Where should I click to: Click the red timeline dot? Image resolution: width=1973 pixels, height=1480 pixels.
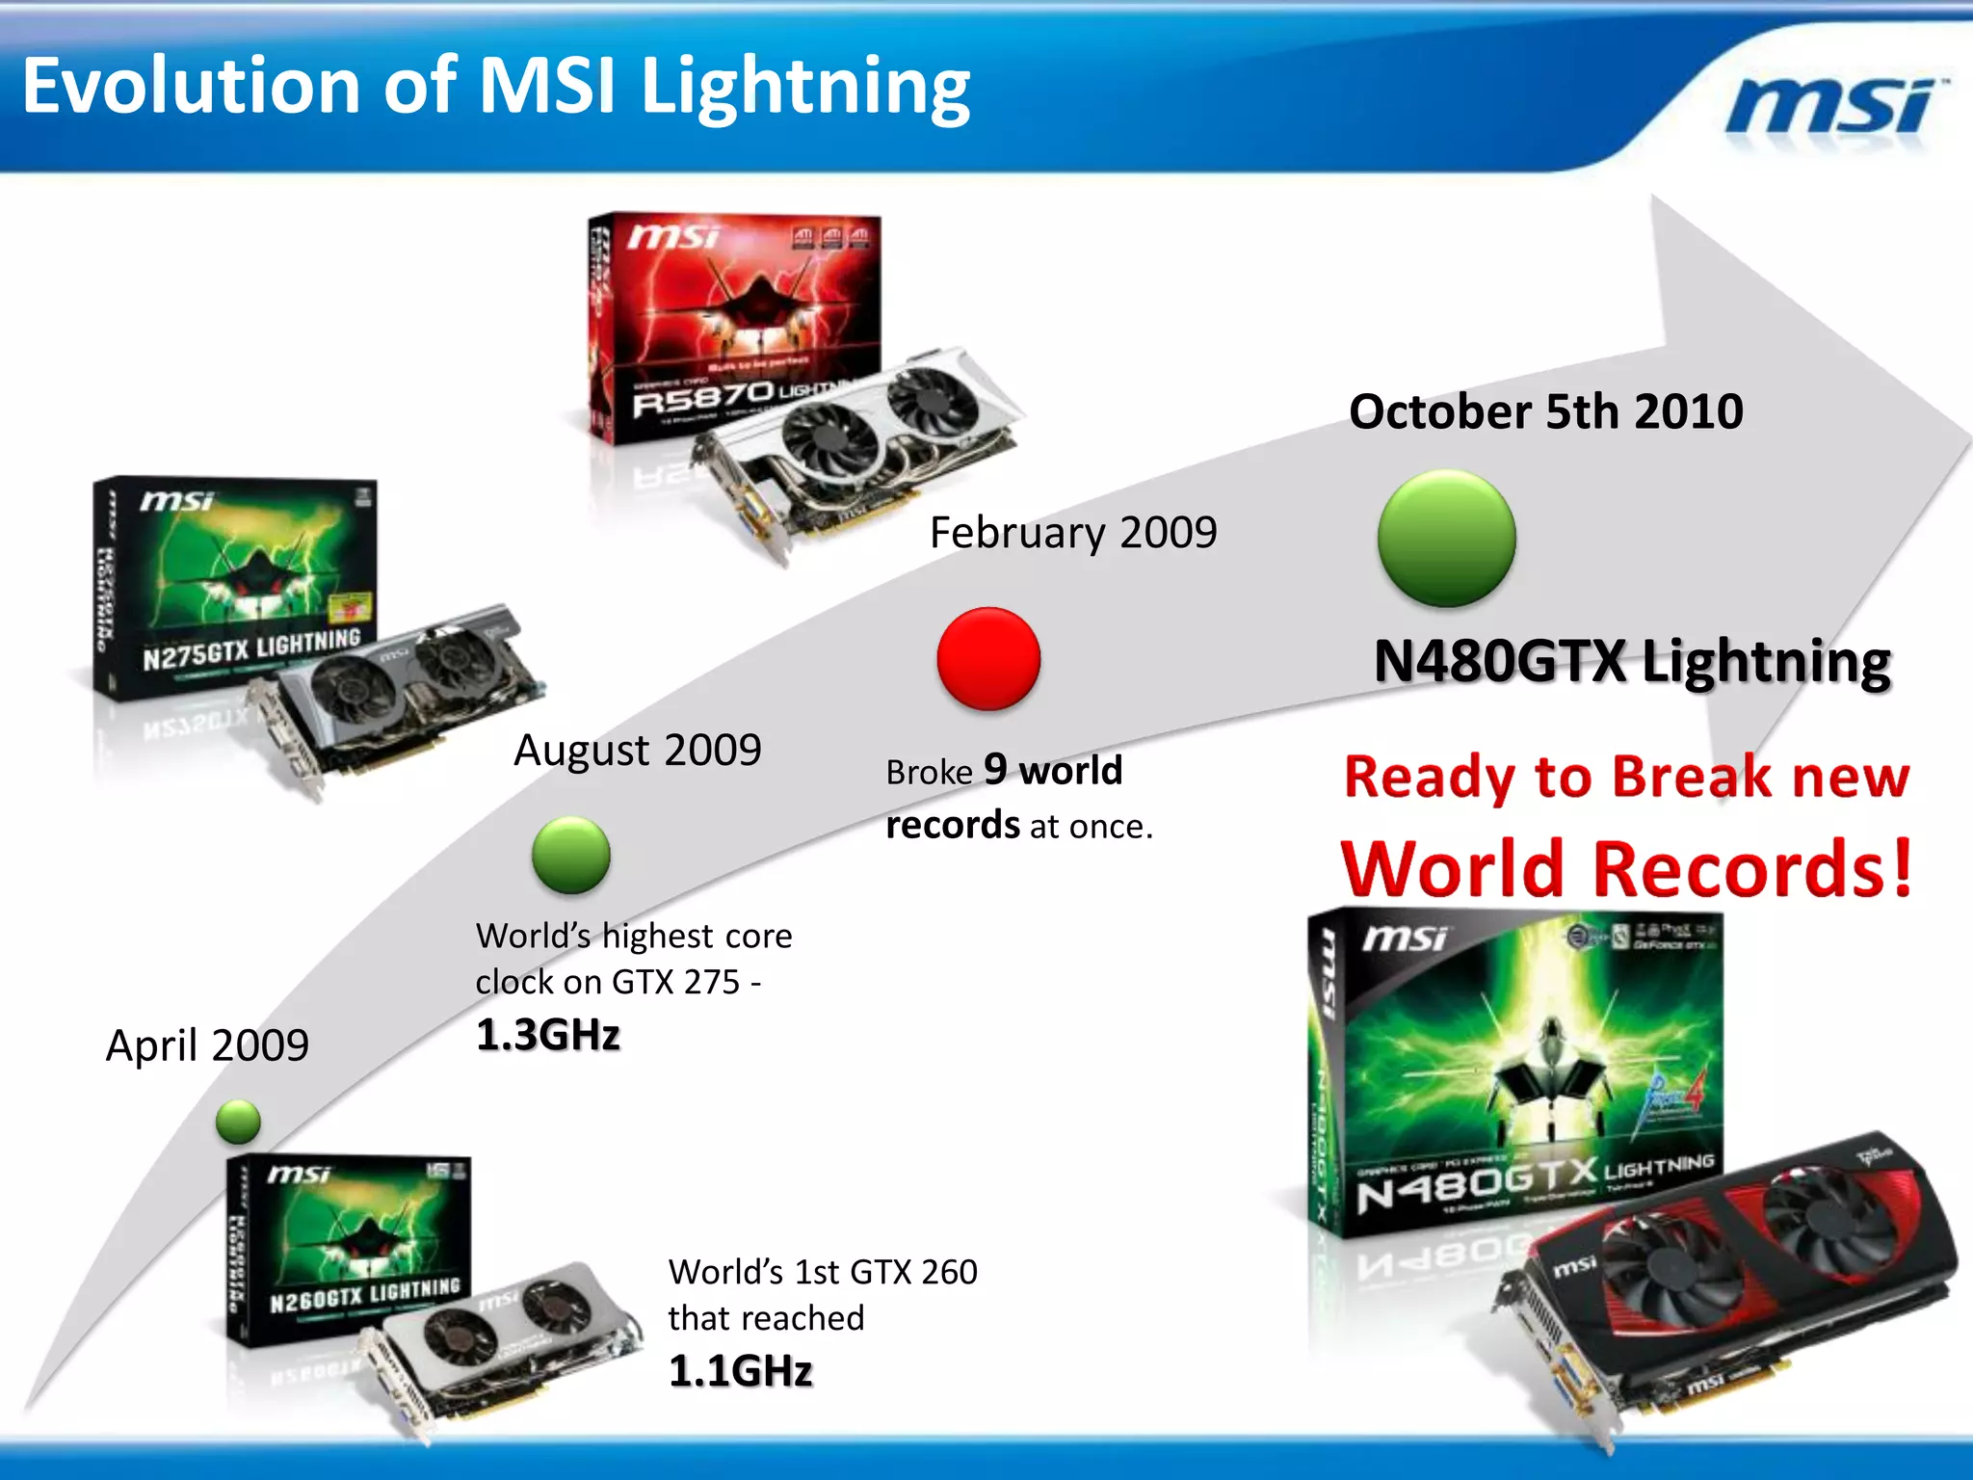click(988, 659)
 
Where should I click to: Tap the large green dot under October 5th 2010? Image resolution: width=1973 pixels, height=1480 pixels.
click(1446, 539)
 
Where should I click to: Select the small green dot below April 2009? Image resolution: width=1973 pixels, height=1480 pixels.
click(238, 1122)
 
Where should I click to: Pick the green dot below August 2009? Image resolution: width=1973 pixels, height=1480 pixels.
click(570, 855)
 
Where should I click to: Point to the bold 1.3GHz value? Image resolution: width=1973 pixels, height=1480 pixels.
click(548, 1035)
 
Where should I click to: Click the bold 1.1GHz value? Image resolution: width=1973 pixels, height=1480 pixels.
click(740, 1370)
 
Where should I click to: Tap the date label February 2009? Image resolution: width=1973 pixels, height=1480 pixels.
click(1073, 533)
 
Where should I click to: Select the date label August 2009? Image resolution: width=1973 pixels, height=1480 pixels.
click(637, 750)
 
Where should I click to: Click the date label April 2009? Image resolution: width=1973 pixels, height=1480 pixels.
click(207, 1045)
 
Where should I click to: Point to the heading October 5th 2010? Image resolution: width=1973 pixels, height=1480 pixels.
click(1545, 411)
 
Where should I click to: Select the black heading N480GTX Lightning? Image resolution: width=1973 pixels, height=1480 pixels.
click(1632, 662)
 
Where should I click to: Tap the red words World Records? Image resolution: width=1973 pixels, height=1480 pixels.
click(1626, 868)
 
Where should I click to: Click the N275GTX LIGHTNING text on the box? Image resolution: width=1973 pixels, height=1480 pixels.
click(250, 648)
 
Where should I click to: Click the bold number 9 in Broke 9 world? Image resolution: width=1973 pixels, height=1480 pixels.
click(995, 769)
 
